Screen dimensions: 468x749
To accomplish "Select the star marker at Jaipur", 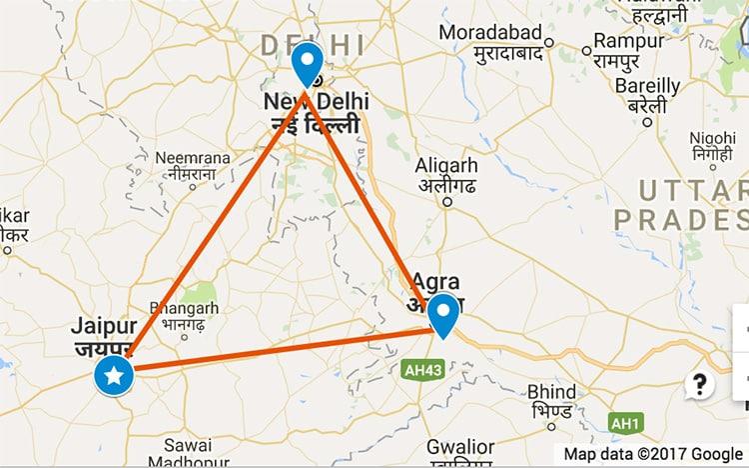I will click(116, 376).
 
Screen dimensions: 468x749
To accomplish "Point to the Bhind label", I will click(551, 391).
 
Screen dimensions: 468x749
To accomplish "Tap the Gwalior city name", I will click(459, 446).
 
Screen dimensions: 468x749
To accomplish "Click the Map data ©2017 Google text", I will click(653, 453).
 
